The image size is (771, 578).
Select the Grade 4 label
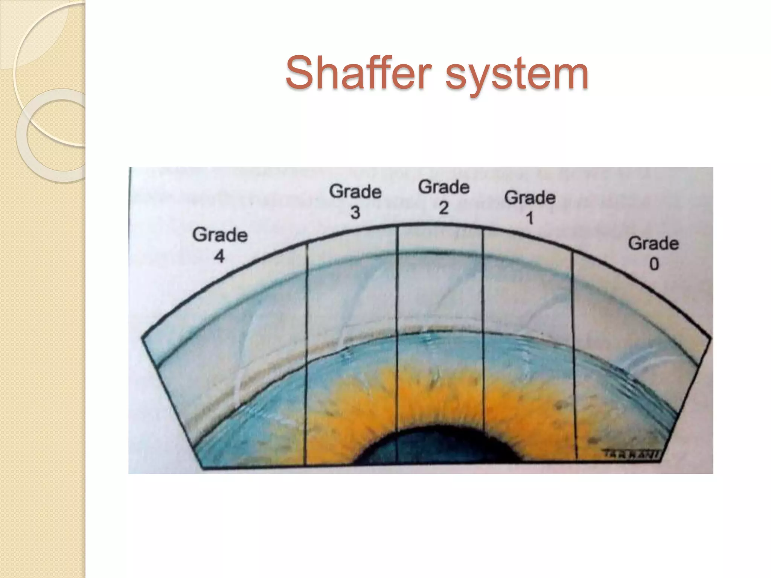(220, 245)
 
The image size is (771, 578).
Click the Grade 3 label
(355, 201)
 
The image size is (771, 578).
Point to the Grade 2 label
(444, 197)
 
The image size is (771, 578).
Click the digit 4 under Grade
(219, 257)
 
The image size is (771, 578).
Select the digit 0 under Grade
(654, 264)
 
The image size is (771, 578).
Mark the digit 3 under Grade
(355, 213)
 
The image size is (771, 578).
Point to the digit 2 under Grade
(444, 208)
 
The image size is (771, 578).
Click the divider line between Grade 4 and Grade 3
(306, 354)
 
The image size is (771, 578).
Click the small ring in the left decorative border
(53, 135)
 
